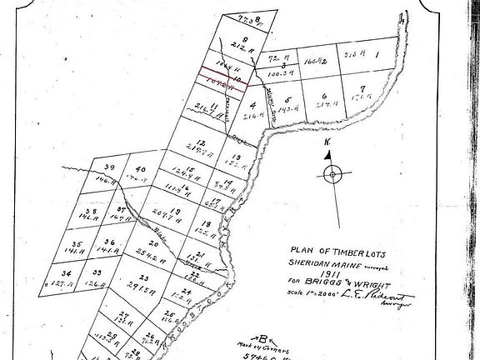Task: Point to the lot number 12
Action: (202, 142)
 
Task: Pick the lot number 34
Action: (67, 272)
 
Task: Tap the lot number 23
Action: (143, 278)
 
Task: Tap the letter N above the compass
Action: (327, 143)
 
